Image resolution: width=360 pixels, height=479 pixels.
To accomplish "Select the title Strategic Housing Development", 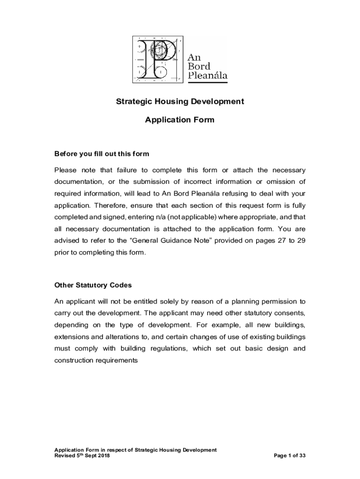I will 180,102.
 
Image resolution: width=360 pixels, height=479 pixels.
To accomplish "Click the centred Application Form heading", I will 180,120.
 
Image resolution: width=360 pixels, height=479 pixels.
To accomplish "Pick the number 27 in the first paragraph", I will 279,241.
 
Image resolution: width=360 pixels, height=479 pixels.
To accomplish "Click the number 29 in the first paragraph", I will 301,241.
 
